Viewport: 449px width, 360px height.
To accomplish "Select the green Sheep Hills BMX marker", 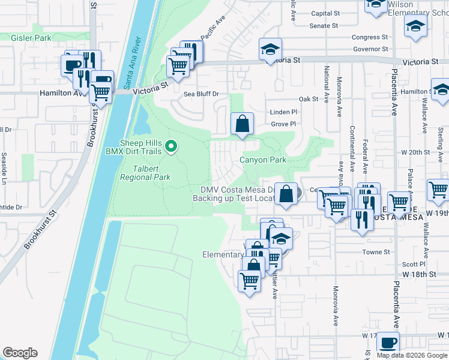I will point(171,146).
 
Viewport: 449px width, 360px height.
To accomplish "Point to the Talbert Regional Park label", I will point(145,173).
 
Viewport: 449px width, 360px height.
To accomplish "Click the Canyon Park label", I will point(263,160).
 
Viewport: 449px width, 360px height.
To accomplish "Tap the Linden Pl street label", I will point(284,112).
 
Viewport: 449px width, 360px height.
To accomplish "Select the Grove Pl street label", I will point(283,124).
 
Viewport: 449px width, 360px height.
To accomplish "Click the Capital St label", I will point(325,13).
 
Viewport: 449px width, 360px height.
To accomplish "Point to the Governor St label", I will point(370,49).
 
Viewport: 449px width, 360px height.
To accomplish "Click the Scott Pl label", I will point(414,264).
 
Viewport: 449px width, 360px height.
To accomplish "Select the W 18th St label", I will point(418,274).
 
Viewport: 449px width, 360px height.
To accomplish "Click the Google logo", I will point(20,353).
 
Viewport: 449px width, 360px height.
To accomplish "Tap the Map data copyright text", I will point(412,355).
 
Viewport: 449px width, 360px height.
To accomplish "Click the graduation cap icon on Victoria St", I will point(270,49).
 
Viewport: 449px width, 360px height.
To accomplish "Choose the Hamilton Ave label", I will point(60,94).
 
